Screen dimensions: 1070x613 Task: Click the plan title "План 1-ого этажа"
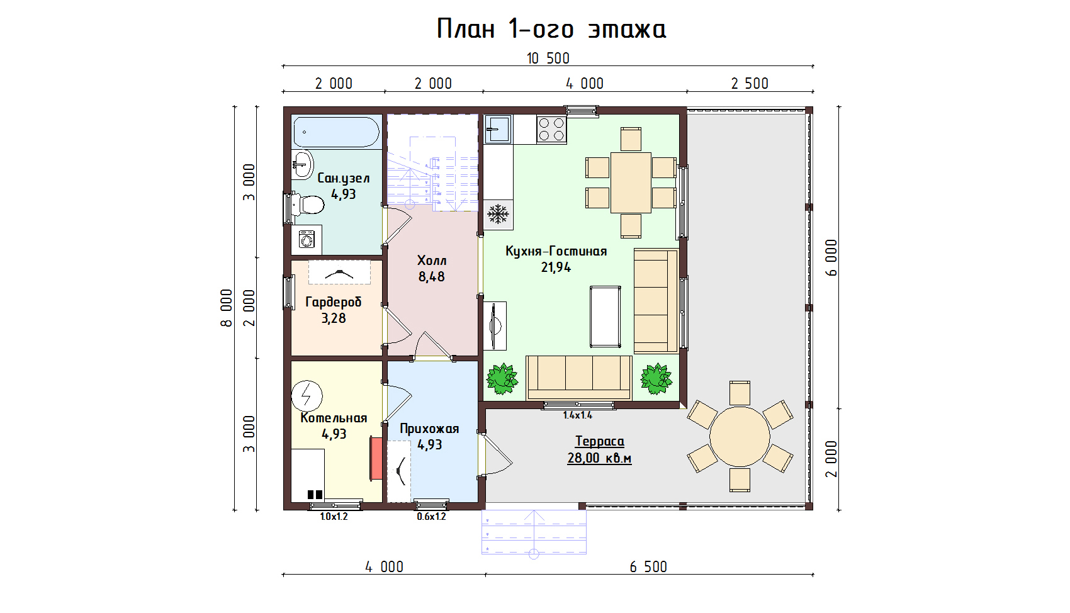(551, 29)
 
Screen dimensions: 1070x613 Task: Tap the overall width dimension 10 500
(548, 59)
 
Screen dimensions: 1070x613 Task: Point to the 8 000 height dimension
(227, 308)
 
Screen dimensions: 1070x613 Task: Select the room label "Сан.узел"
(344, 178)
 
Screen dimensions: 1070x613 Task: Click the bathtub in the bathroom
(336, 132)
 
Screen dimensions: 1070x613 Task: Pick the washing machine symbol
(307, 239)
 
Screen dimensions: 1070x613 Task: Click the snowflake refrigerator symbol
(498, 214)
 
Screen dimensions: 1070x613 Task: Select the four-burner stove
(551, 129)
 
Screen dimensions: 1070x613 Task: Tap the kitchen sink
(497, 129)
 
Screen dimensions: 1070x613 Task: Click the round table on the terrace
(740, 436)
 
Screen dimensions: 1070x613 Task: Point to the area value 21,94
(556, 267)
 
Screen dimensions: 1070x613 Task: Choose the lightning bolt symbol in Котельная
(307, 396)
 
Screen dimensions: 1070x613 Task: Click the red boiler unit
(376, 458)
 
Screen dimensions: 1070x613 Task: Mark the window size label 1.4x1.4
(578, 415)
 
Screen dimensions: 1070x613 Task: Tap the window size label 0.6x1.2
(431, 517)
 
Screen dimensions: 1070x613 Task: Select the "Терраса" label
(599, 441)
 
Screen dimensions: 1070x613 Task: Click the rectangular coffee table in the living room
(605, 317)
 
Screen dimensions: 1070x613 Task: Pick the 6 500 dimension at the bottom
(648, 567)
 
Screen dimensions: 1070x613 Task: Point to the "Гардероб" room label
(334, 303)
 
